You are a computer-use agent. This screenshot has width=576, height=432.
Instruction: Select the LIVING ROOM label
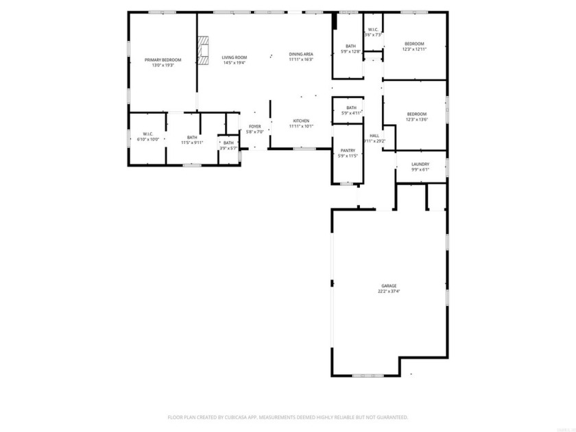(235, 58)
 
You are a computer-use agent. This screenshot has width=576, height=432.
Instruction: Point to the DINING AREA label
(300, 54)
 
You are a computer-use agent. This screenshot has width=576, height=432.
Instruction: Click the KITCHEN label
(300, 121)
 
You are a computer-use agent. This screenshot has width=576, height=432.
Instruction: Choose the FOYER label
(254, 126)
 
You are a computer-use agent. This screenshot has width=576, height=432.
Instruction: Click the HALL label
(374, 136)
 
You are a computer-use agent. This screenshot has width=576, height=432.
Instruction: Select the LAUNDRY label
(420, 164)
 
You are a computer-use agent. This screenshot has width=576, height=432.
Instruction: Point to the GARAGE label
(389, 286)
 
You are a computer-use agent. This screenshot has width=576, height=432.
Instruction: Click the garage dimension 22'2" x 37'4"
(389, 291)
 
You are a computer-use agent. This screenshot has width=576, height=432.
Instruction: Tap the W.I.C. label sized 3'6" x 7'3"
(373, 29)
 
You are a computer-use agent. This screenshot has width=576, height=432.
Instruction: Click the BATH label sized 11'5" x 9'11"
(191, 137)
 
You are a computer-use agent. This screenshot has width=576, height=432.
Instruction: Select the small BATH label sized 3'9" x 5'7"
(228, 143)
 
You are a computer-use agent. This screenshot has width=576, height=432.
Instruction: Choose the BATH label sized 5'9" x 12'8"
(350, 46)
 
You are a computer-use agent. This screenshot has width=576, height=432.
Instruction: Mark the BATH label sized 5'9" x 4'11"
(351, 108)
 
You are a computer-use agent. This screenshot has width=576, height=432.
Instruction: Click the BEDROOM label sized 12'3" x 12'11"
(414, 43)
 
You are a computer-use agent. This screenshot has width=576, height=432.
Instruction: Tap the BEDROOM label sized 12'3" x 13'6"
(416, 114)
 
